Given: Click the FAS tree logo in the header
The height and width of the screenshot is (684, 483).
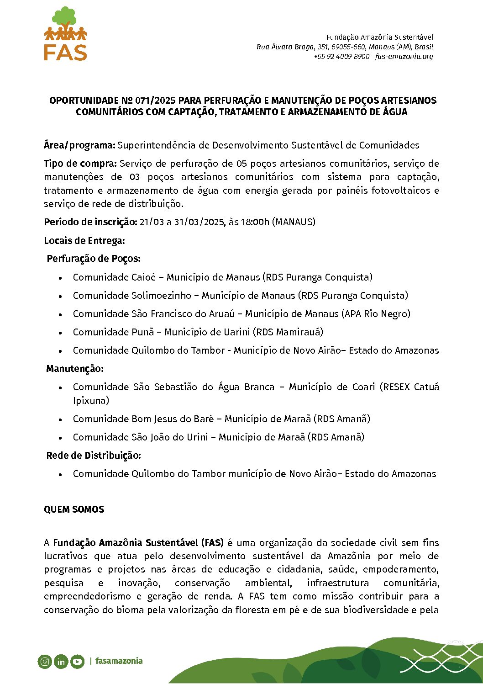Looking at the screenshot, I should coord(66,34).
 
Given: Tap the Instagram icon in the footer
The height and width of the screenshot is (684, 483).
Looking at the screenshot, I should coord(45,661).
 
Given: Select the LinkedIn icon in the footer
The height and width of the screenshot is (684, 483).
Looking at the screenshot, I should coord(61,661).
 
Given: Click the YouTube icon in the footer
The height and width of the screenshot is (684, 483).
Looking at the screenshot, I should coord(77,661).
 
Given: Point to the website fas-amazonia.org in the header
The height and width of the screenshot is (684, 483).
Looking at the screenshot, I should coord(404,57).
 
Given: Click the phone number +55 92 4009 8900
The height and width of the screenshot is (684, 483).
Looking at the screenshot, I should coord(341,57).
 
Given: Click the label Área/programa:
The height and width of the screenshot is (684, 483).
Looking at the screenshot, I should coord(79,145).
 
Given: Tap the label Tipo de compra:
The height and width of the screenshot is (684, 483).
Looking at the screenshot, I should coord(80,164).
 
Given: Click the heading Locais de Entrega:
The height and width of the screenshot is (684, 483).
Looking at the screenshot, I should coord(84,241).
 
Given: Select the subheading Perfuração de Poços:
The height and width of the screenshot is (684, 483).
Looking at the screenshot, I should coord(94,259).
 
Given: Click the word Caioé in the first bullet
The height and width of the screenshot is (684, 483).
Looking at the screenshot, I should coord(143,277).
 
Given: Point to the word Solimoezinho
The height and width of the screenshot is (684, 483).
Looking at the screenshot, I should coord(161,296).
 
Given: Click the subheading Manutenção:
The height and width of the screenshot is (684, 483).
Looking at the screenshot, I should coord(75,369).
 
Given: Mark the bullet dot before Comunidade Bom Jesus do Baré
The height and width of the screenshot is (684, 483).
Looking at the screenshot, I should coord(60,419).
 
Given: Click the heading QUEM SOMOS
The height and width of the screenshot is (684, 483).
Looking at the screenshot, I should coord(74,509).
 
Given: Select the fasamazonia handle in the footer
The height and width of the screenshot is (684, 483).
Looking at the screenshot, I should coord(119,661).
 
